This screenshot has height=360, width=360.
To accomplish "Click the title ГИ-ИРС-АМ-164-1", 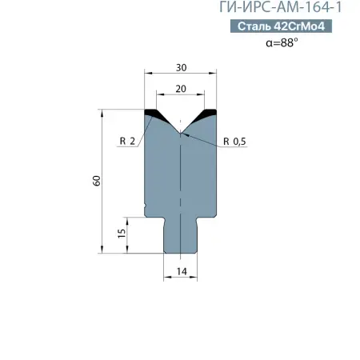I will pyautogui.click(x=285, y=10).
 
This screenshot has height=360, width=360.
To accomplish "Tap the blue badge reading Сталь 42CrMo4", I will pyautogui.click(x=285, y=27).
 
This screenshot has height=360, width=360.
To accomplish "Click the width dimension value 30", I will pyautogui.click(x=181, y=68).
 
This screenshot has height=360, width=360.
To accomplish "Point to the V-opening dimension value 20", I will pyautogui.click(x=181, y=90).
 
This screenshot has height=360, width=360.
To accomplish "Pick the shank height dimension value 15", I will pyautogui.click(x=120, y=233).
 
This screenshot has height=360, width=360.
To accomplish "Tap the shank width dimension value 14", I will pyautogui.click(x=181, y=272).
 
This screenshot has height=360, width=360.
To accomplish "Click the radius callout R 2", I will pyautogui.click(x=126, y=141).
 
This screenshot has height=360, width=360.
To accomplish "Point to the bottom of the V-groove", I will pyautogui.click(x=181, y=131).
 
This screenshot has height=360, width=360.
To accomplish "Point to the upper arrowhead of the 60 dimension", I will pyautogui.click(x=103, y=113).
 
